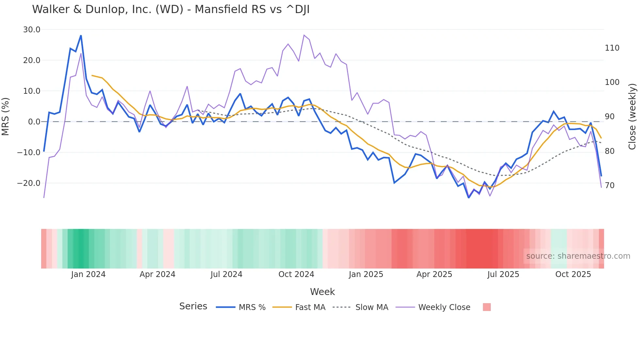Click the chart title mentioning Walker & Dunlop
170,9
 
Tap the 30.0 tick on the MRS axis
32,30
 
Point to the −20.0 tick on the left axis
29,183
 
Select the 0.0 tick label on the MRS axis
34,122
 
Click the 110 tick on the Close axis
612,48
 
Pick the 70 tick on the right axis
610,186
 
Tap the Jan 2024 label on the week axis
88,274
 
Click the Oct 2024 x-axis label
296,274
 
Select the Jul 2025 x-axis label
503,274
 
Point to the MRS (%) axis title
5,116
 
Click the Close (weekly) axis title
632,116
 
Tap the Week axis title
322,292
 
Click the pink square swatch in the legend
487,307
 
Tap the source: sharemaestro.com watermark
578,256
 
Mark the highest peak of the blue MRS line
81,36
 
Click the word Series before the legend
193,306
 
